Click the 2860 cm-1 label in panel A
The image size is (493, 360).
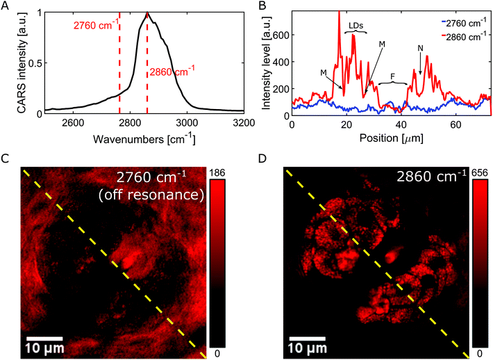pyautogui.click(x=173, y=69)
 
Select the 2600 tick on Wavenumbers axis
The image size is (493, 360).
pyautogui.click(x=73, y=124)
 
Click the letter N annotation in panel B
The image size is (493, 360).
pyautogui.click(x=420, y=49)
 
